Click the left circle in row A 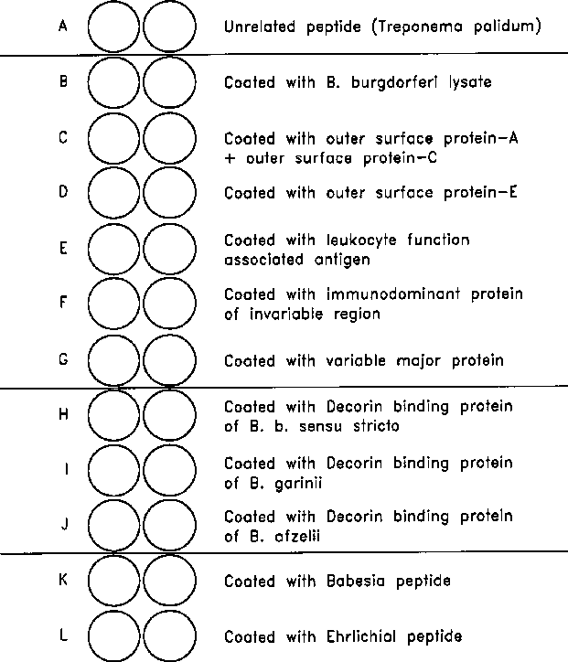click(114, 27)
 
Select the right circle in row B click(169, 82)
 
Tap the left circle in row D click(114, 194)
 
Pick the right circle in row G click(169, 360)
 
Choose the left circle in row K click(114, 582)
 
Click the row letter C click(62, 138)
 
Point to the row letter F click(62, 303)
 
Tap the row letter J click(62, 524)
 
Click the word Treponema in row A click(413, 27)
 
